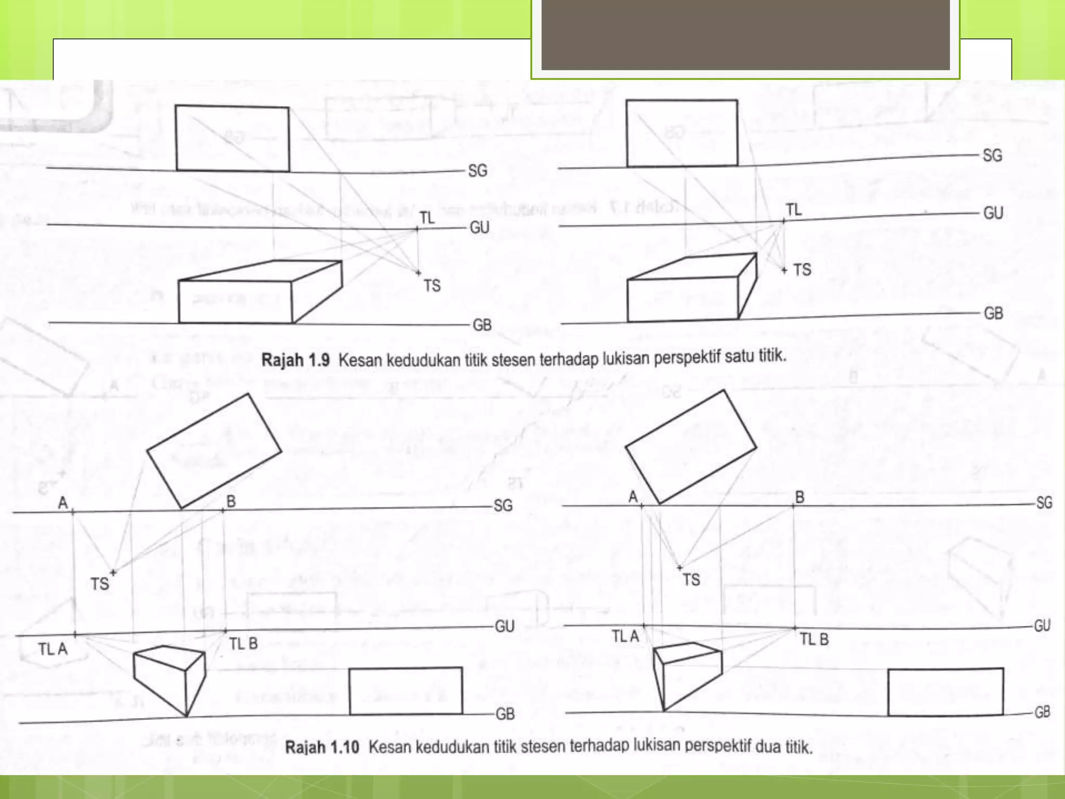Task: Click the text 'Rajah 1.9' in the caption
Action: tap(295, 360)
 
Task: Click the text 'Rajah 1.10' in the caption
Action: tap(322, 748)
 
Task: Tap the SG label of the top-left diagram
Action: tap(477, 171)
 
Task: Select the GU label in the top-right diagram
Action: tap(993, 213)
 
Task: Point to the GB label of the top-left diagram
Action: tap(482, 325)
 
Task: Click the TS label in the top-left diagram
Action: tap(432, 286)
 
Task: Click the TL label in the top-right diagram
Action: tap(794, 210)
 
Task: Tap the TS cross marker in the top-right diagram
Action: tap(784, 270)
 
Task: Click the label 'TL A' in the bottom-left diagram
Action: tap(53, 649)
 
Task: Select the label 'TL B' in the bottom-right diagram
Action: tap(814, 639)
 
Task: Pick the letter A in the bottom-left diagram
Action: tap(63, 503)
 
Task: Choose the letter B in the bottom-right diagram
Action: tap(800, 497)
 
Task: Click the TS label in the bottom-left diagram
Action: tap(100, 584)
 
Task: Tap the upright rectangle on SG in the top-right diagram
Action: tap(682, 133)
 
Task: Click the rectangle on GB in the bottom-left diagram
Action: tap(406, 691)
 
